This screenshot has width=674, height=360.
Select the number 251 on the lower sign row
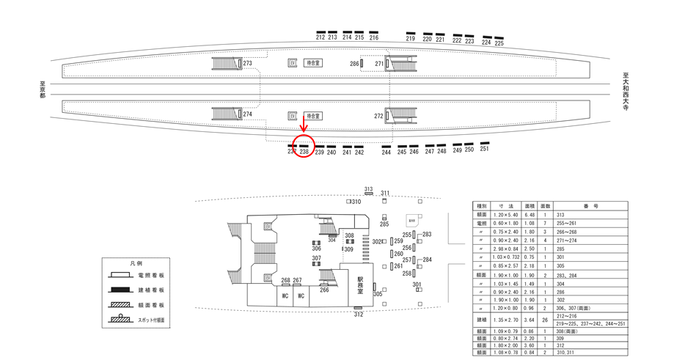pos(484,149)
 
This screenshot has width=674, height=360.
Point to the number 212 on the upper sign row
pos(320,37)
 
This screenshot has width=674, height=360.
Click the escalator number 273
pos(247,64)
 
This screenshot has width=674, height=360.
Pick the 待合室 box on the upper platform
pos(314,63)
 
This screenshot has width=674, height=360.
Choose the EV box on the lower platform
pos(292,116)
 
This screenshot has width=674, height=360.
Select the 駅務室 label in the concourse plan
pos(360,284)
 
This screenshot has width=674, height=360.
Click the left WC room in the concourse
pos(282,296)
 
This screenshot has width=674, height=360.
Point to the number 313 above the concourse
pos(368,189)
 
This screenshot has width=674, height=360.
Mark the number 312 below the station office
pos(358,315)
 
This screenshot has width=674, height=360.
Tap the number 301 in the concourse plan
pos(417,284)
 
